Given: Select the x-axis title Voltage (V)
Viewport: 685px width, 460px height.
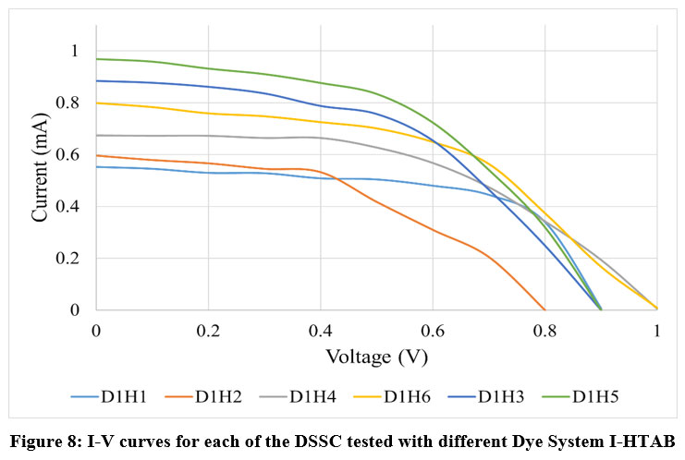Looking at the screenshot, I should [375, 356].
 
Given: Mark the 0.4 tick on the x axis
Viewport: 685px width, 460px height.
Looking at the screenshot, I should [320, 330].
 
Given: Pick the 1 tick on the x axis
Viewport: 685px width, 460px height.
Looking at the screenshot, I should [656, 330].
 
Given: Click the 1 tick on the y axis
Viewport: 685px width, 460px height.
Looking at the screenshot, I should [79, 52].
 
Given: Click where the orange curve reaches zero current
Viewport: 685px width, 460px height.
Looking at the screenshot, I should [544, 310].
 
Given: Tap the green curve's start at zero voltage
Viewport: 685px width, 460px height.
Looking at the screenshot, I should [96, 59].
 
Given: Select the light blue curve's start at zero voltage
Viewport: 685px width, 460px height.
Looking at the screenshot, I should [96, 166].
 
